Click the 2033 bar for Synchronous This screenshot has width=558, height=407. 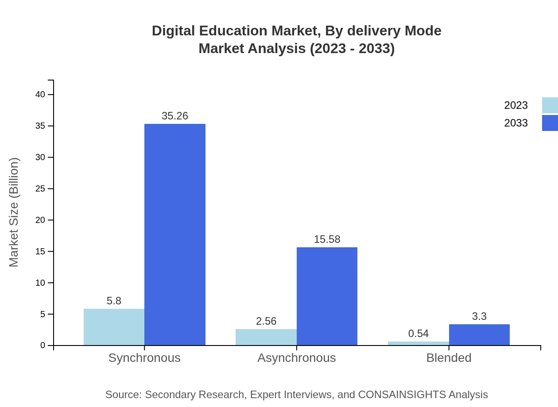tap(175, 234)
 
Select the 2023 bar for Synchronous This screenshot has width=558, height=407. tap(114, 327)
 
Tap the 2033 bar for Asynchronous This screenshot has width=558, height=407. tap(327, 296)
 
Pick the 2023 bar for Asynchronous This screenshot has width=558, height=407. tap(266, 337)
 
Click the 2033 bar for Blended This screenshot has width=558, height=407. tap(479, 334)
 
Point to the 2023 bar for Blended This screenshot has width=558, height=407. tap(418, 343)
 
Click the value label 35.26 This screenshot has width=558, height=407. tap(175, 116)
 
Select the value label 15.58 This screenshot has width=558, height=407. tap(327, 239)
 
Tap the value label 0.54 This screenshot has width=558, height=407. tap(418, 334)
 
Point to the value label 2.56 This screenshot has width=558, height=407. tap(266, 321)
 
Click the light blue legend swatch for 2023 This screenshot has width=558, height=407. tap(550, 105)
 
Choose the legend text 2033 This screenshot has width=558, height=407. tap(515, 123)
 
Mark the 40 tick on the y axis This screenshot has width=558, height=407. tap(40, 95)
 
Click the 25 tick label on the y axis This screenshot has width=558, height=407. tap(40, 189)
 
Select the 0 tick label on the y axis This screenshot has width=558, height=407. tap(43, 346)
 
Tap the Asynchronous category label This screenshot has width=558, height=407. tap(296, 358)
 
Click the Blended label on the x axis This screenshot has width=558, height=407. tap(449, 358)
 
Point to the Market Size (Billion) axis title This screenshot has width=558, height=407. tap(14, 212)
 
